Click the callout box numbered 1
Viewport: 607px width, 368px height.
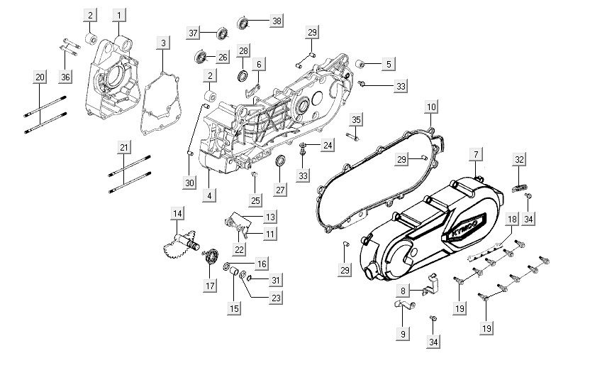tap(120, 14)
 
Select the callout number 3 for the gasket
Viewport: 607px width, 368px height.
tap(163, 43)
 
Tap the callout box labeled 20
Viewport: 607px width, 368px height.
tap(40, 76)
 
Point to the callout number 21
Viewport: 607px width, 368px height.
tap(124, 147)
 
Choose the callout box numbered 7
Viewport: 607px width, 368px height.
tap(477, 154)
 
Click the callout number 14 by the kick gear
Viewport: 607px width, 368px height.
tap(177, 214)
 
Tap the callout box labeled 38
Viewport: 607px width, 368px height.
tap(276, 21)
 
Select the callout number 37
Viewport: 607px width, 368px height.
tap(193, 33)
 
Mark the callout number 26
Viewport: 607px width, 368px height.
tap(222, 57)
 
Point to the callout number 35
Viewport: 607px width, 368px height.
tap(356, 119)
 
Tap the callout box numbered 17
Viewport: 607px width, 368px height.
tap(211, 286)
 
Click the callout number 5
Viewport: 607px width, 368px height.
tap(389, 64)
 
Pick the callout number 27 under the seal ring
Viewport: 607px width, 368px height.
tap(281, 190)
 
